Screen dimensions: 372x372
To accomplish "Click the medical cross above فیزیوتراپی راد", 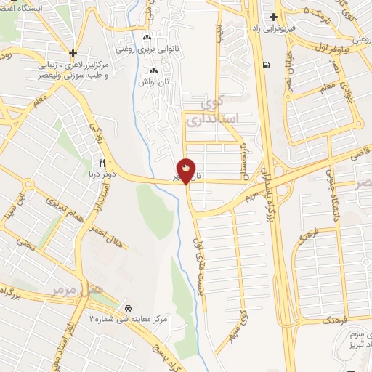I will (x=273, y=17).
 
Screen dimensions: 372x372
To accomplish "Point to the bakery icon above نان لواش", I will (x=153, y=71).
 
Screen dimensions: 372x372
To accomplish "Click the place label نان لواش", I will (x=153, y=82).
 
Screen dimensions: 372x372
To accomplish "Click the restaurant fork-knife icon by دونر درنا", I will (x=102, y=163).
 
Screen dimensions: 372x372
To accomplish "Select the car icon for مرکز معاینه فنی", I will (x=128, y=307).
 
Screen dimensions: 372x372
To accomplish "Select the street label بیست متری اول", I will (x=201, y=262).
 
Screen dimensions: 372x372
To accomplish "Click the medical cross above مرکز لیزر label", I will (x=73, y=53).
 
